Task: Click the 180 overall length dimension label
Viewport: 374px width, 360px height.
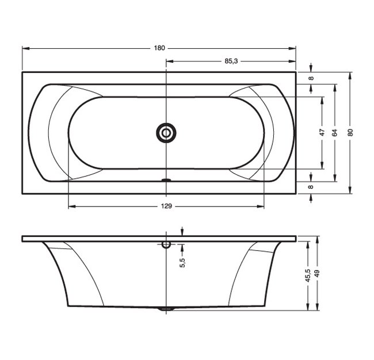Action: pos(159,48)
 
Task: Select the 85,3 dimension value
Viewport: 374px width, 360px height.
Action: pos(231,62)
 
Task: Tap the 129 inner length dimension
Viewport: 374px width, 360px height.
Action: pos(166,206)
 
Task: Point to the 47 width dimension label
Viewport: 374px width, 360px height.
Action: pos(322,132)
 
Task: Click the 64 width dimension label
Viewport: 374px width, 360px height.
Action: pos(335,133)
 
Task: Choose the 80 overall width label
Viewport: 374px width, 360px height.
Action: pos(350,133)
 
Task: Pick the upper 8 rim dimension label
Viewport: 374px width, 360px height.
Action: pos(311,78)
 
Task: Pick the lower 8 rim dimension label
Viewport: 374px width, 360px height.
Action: pos(311,187)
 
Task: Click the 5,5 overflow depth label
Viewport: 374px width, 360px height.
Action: pos(182,262)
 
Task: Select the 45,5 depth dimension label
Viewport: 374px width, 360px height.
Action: pos(308,275)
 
